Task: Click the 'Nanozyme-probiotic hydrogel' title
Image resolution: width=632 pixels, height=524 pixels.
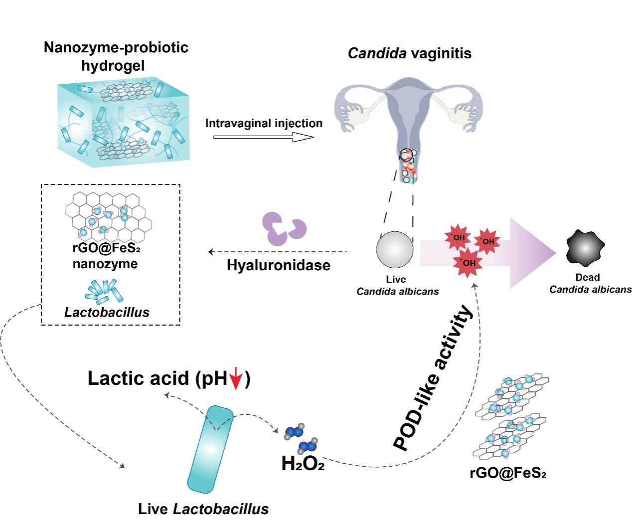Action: point(116,56)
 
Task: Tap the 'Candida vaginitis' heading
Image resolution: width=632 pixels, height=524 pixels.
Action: point(409,53)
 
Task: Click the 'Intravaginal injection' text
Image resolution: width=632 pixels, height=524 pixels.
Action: point(264,123)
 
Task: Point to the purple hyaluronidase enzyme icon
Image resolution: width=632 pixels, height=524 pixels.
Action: point(284,229)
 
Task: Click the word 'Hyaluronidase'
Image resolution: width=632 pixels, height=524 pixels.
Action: point(278,265)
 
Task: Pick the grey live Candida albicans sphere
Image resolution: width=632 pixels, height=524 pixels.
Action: point(395,250)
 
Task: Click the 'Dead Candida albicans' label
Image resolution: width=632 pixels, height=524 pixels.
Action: point(590,283)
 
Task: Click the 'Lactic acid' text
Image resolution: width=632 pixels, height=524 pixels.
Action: point(138,378)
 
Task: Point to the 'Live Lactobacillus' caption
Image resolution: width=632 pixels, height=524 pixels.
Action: point(203,509)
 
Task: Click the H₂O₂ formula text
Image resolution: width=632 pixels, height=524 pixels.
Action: point(303,464)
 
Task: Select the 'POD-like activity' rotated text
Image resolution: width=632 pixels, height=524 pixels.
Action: point(432,379)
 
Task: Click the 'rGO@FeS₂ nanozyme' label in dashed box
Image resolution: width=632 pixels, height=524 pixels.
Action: point(105,256)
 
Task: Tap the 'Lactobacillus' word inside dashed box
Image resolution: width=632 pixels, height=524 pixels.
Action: point(107,313)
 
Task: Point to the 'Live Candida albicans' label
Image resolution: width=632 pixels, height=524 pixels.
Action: point(397,285)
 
